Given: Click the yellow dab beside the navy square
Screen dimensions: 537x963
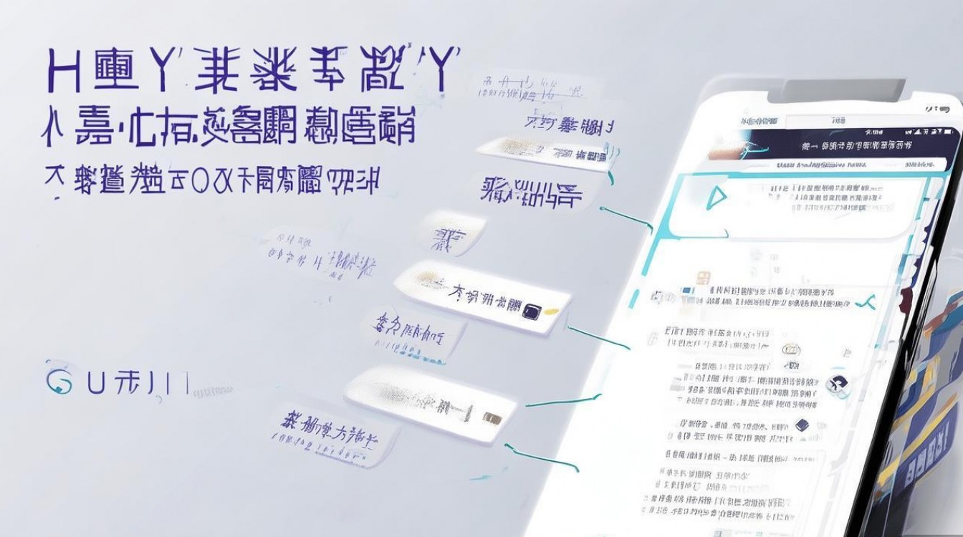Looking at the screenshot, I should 550,312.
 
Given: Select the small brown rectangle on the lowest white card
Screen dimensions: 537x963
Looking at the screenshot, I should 492,417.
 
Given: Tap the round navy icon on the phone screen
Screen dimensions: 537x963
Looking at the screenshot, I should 835,384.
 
